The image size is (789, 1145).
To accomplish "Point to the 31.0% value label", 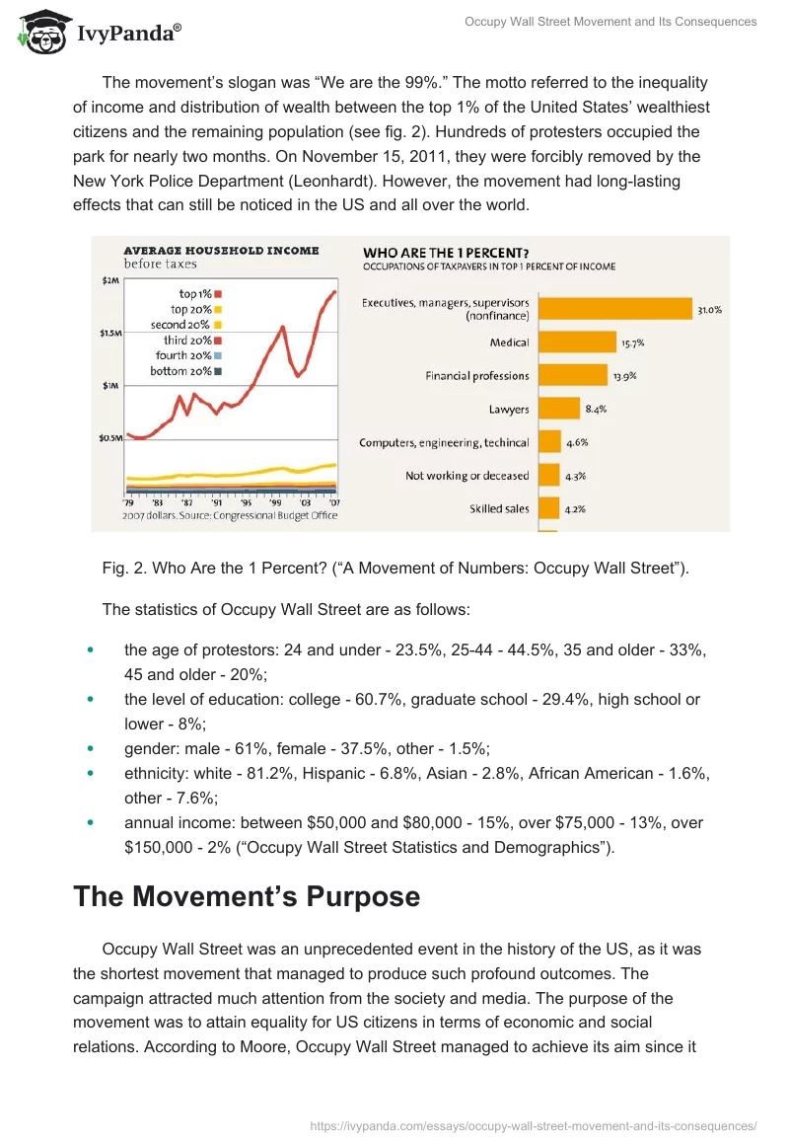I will coord(710,310).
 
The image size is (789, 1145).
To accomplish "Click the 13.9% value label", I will coord(625,377).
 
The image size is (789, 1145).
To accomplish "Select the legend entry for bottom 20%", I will coord(187,371).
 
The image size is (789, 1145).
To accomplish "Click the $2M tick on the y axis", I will coord(109,280).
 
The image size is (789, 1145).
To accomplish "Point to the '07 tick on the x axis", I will coord(333,502).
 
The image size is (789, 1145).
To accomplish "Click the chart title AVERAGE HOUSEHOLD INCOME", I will coord(221,250).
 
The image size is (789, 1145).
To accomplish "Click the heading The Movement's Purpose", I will coord(247,896).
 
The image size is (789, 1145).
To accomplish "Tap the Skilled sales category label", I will coord(499,509).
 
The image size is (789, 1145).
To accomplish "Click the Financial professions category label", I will coord(477,376).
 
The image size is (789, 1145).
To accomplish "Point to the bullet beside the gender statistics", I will coord(91,748).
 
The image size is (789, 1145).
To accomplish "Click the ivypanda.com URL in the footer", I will coord(534,1124).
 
